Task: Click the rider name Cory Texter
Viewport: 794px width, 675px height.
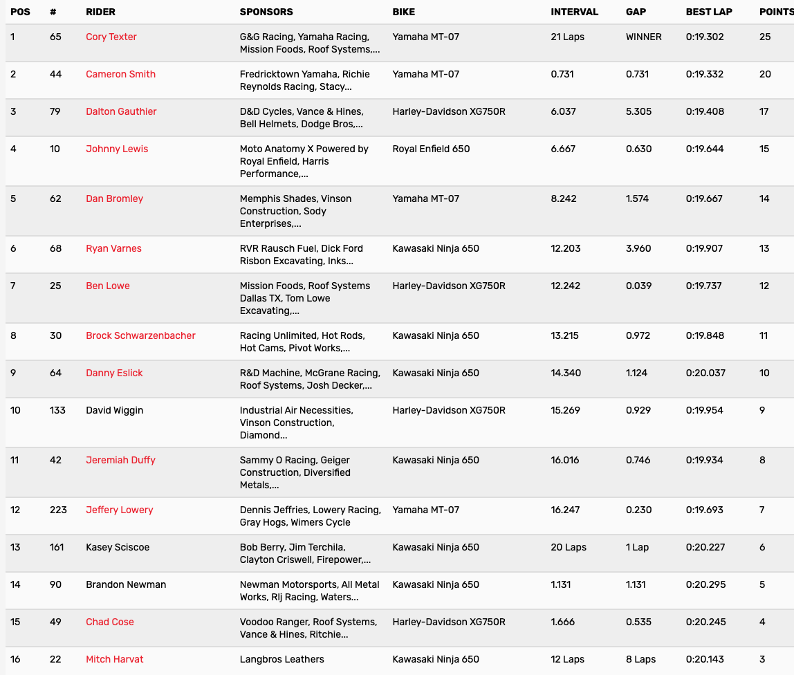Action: [111, 37]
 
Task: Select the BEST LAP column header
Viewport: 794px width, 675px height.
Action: [709, 12]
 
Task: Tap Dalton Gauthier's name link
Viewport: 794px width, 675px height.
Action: [121, 111]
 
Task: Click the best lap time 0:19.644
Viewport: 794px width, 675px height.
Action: [705, 149]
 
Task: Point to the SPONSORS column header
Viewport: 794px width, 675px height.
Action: [266, 12]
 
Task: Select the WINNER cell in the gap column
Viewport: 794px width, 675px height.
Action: [643, 37]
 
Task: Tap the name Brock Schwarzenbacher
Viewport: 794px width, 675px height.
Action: [140, 335]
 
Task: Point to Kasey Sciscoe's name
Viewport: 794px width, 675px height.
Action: [118, 547]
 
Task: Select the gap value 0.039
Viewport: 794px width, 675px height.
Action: [638, 286]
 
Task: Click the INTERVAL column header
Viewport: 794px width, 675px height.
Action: [575, 12]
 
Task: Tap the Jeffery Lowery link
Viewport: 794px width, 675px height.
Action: [120, 510]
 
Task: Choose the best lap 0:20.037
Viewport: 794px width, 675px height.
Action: [705, 373]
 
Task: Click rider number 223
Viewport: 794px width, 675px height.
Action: [58, 510]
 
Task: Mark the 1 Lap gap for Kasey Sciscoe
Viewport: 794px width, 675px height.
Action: [637, 547]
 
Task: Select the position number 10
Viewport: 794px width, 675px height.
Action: [15, 410]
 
